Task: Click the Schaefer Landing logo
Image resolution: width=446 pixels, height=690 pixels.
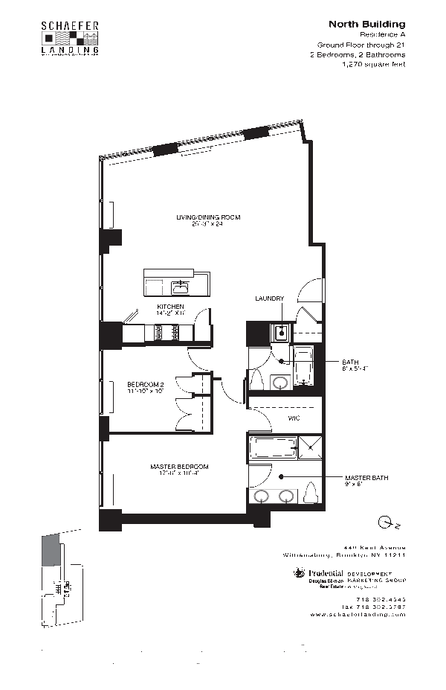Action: tap(69, 38)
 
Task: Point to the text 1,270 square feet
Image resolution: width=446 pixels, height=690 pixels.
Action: tap(373, 65)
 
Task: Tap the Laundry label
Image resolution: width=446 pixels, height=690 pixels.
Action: tap(269, 298)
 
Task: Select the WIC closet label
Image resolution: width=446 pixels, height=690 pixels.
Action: tap(293, 419)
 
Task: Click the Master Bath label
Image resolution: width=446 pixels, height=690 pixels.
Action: tap(366, 477)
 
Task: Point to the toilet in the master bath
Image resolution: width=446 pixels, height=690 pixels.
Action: tap(311, 492)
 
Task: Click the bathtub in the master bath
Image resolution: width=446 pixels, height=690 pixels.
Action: tap(269, 448)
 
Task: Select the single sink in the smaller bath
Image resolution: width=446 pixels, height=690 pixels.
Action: tap(280, 382)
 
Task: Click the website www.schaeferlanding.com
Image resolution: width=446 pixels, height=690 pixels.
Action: tap(358, 615)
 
